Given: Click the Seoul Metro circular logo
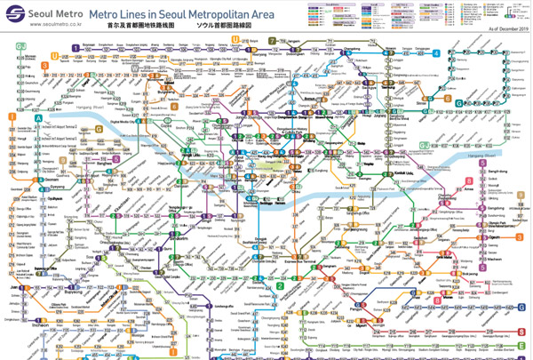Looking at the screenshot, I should pos(18,17).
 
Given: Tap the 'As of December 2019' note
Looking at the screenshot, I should pos(506,29).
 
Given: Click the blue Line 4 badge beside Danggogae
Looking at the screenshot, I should pos(436,52).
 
